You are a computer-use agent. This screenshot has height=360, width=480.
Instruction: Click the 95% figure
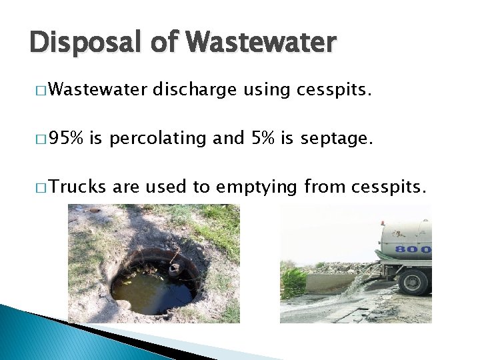66,138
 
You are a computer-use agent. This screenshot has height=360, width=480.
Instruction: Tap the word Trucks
77,187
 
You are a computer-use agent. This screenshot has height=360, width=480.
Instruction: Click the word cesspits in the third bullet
384,187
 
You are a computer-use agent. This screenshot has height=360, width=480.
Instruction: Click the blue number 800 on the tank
413,250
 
